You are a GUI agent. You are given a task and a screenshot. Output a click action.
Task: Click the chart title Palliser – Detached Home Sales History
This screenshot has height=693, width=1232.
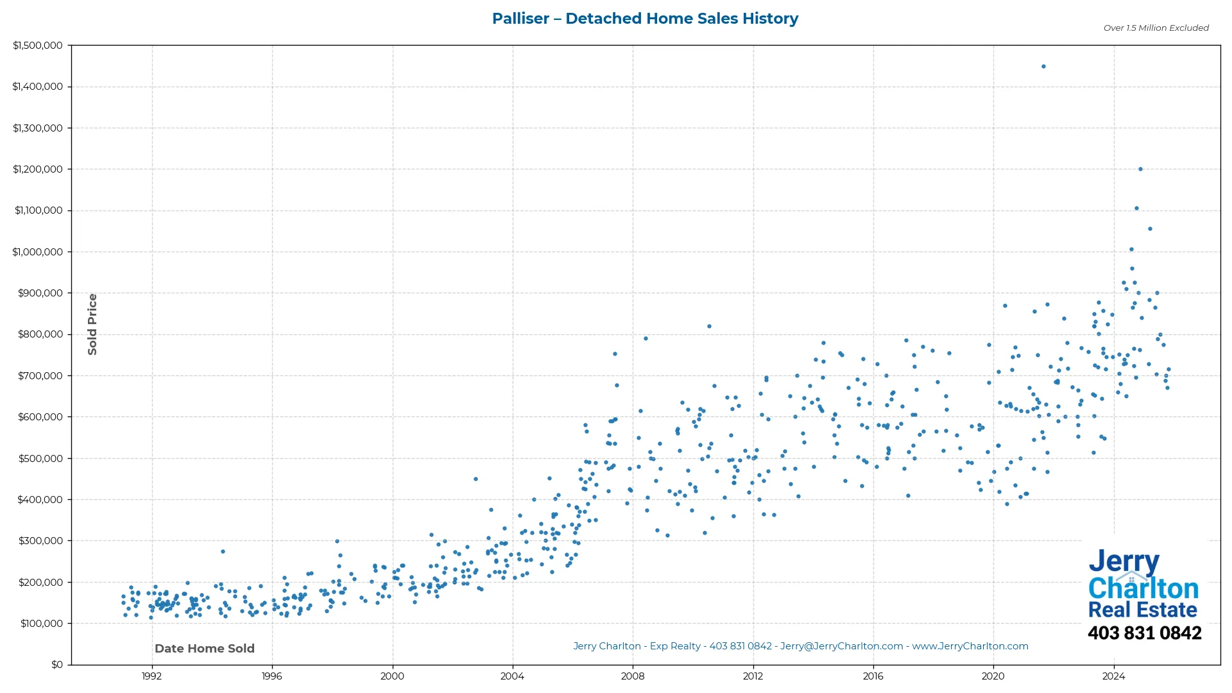[645, 19]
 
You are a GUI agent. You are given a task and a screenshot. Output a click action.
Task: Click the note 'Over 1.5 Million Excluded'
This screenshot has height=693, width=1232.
[1156, 28]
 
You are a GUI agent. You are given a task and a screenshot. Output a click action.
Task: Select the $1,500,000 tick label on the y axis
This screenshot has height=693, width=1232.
[37, 46]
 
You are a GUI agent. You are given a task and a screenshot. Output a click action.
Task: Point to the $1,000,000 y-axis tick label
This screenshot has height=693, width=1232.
[37, 252]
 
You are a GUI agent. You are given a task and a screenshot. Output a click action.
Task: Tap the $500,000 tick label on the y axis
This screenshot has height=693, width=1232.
[40, 458]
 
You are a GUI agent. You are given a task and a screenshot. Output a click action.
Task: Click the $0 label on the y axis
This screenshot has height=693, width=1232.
[57, 665]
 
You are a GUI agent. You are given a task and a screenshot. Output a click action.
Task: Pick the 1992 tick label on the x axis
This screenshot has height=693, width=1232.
[151, 676]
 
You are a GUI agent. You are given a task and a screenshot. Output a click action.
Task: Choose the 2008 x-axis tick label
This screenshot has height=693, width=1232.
[633, 676]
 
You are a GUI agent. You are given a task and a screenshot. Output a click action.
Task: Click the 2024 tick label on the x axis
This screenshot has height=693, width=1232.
[1114, 676]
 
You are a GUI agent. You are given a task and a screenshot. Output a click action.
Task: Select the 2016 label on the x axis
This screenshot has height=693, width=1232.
[873, 676]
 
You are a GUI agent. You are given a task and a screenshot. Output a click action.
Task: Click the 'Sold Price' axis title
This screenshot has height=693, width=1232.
[92, 324]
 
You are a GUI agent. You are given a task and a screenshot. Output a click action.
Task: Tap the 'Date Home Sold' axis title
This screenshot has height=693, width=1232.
[205, 649]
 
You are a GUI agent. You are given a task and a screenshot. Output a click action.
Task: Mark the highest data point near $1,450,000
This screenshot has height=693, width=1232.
[1043, 67]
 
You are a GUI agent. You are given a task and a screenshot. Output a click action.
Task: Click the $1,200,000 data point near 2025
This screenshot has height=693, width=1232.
[1140, 169]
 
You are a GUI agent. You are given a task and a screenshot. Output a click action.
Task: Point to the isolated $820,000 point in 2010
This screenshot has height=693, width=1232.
[709, 327]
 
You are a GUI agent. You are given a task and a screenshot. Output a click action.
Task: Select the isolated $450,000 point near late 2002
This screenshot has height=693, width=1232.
[475, 479]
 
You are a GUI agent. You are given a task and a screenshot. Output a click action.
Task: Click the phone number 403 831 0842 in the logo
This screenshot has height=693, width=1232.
[1144, 633]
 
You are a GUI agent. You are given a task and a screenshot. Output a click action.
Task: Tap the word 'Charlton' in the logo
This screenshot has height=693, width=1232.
[1143, 588]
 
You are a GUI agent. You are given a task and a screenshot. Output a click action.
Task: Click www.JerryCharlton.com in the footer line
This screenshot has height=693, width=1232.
[970, 647]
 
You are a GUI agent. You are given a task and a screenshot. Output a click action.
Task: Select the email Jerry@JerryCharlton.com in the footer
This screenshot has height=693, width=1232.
[841, 647]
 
